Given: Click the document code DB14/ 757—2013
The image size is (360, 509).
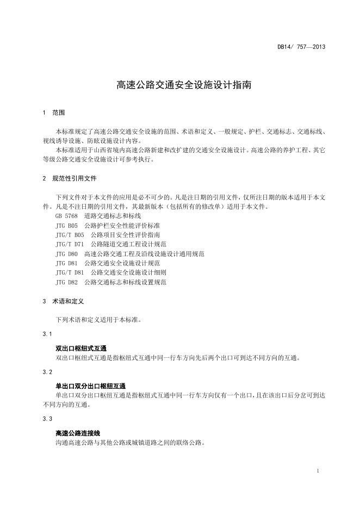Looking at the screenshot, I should click(x=301, y=47).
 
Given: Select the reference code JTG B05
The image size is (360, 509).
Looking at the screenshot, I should click(x=67, y=225).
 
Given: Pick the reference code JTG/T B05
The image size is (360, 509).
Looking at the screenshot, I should click(x=70, y=235).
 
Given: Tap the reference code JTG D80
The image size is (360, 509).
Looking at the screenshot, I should click(x=67, y=254).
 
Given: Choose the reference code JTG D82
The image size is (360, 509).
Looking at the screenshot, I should click(x=67, y=282).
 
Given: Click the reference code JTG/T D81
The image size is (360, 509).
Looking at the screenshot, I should click(x=70, y=272).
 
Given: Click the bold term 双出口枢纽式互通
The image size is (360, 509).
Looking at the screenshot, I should click(x=81, y=348).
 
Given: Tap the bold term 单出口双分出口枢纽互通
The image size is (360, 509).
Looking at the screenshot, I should click(x=90, y=386).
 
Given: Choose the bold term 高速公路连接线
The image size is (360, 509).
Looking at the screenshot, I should click(x=78, y=433).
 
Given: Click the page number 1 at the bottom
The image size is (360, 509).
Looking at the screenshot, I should click(x=317, y=470).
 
